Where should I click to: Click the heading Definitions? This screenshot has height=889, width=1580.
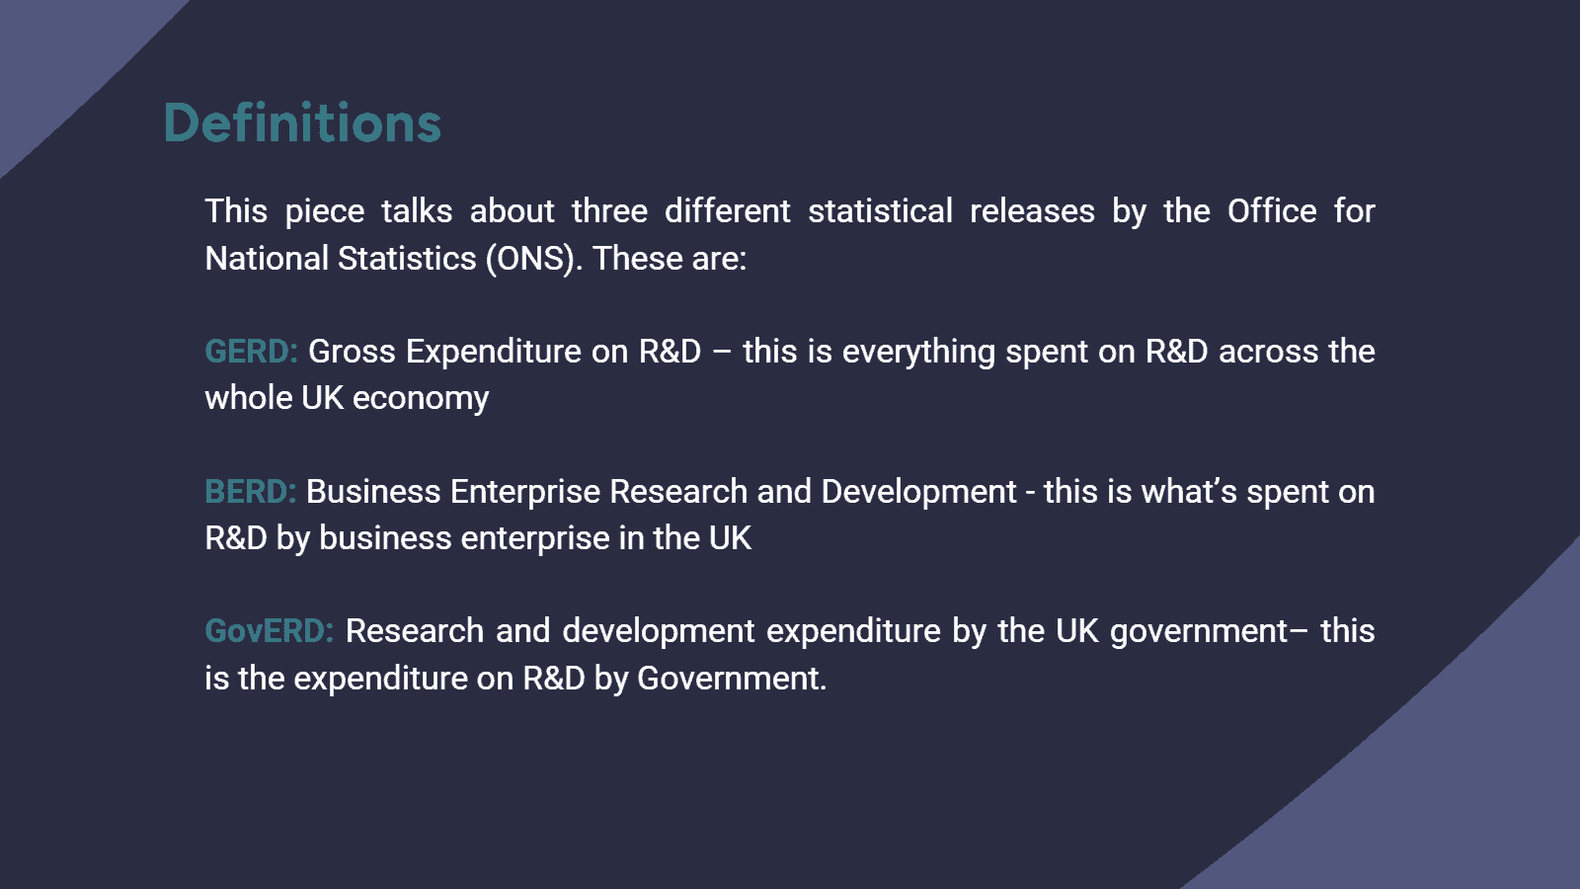302,123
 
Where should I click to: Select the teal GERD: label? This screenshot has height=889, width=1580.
251,352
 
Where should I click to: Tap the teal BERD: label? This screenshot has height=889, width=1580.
250,492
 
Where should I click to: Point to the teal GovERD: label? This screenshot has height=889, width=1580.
269,631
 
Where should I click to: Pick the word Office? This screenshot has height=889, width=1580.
1272,211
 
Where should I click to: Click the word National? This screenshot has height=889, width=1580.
267,259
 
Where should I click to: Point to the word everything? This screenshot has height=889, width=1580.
918,352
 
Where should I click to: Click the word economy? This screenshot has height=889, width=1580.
421,399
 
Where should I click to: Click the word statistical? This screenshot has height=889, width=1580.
880,211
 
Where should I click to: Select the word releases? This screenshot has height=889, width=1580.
1032,211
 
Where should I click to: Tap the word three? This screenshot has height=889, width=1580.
609,211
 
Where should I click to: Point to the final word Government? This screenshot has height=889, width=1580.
730,679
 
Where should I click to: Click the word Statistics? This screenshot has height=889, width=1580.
407,259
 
